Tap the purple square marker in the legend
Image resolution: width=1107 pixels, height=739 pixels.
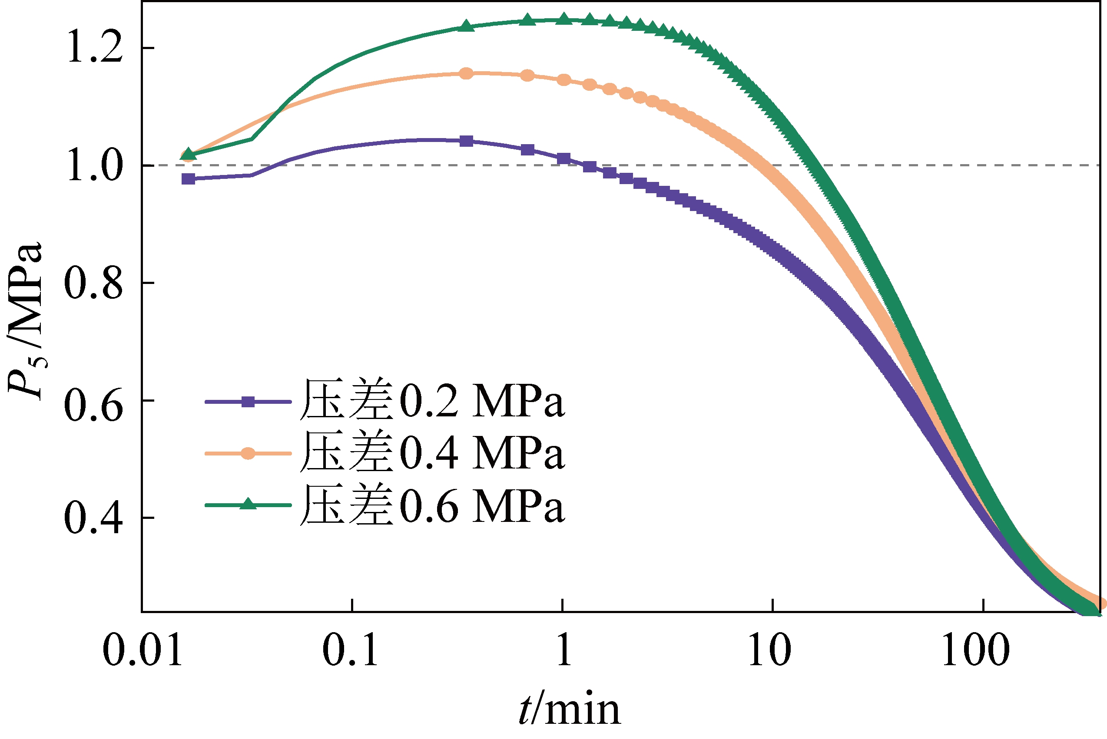pyautogui.click(x=248, y=402)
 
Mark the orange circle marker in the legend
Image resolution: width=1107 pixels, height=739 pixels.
pyautogui.click(x=248, y=453)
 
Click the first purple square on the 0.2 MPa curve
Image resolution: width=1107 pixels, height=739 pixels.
pyautogui.click(x=189, y=178)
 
